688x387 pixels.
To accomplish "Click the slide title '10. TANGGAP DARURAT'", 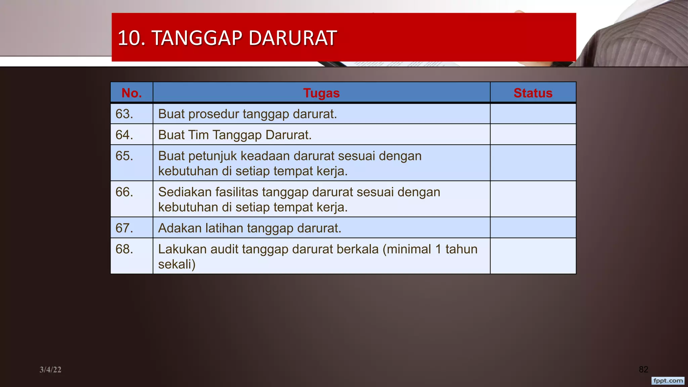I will [x=227, y=38].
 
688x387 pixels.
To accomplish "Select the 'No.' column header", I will [x=132, y=93].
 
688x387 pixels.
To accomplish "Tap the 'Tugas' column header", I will [x=321, y=93].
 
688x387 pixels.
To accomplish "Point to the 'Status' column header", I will [x=533, y=93].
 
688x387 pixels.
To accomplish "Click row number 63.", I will [x=124, y=114].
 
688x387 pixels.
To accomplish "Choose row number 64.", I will [x=124, y=135].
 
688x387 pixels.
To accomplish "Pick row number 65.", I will [x=124, y=156].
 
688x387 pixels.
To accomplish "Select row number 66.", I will [x=124, y=192].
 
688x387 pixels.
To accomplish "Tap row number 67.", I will [x=124, y=228].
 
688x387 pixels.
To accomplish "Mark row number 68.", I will [x=124, y=249].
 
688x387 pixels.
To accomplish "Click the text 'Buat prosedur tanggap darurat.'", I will [x=247, y=114].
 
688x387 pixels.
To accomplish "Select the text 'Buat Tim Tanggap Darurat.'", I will [x=235, y=135].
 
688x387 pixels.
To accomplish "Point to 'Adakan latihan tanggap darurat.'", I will [x=250, y=228].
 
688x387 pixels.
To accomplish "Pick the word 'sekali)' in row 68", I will [x=177, y=264].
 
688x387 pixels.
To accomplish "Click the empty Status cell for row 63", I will [x=533, y=114].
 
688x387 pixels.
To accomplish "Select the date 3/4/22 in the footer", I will [x=50, y=370].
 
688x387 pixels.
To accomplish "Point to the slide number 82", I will [x=643, y=370].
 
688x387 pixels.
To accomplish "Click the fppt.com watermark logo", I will [x=668, y=381].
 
